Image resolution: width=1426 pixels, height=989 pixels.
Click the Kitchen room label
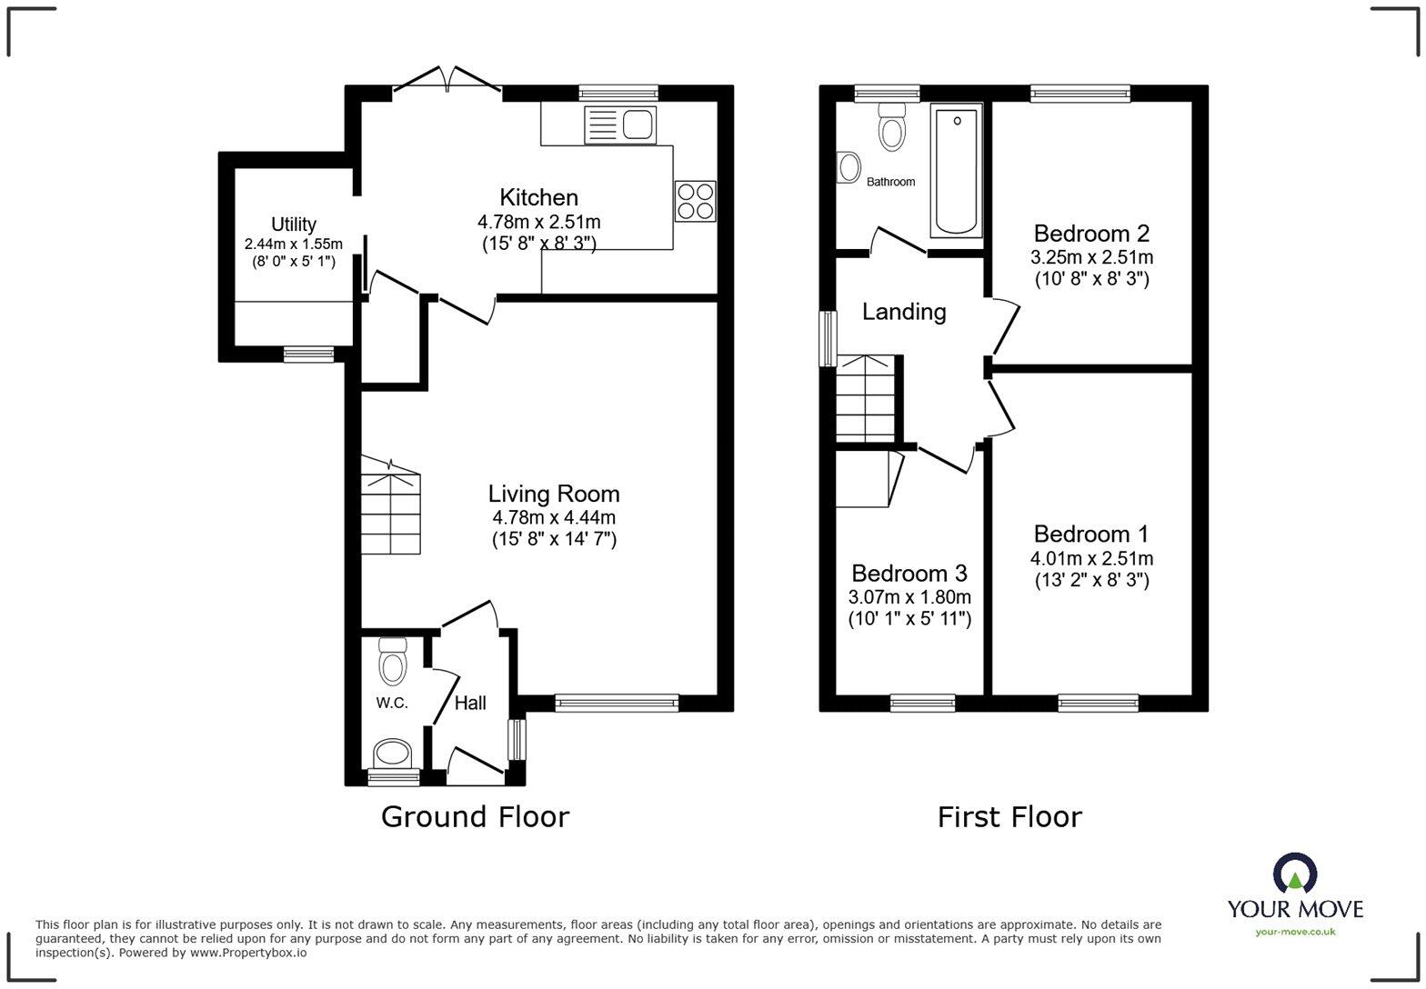(x=538, y=197)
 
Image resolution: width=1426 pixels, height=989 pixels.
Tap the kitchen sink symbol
(x=620, y=125)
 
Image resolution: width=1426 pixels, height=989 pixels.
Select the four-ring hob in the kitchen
(x=695, y=201)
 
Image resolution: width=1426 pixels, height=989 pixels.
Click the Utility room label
(x=294, y=225)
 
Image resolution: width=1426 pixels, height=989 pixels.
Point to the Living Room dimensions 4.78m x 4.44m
(x=554, y=517)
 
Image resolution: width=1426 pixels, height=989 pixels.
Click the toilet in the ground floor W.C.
(x=392, y=661)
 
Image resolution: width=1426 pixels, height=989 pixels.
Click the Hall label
(x=470, y=703)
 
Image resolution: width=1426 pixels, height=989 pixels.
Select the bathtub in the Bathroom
(x=957, y=170)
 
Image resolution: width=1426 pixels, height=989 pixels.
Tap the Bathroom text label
(x=890, y=182)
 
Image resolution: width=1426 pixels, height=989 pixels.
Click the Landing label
(x=904, y=312)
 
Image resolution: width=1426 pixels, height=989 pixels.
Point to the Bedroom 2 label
(x=1091, y=233)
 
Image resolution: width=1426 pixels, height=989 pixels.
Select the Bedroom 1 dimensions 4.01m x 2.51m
(x=1091, y=559)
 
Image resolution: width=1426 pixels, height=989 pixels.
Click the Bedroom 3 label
(x=909, y=574)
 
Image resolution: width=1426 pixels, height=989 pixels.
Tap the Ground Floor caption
(x=475, y=816)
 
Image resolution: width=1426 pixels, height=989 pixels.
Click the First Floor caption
(x=1009, y=816)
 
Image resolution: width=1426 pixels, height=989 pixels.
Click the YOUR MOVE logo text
(x=1295, y=908)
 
